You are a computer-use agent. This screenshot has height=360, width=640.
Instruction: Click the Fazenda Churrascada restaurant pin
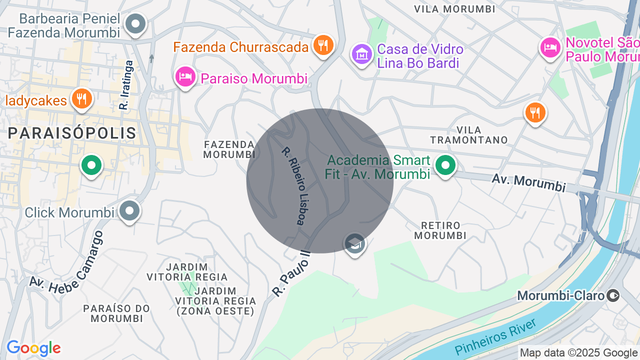click(323, 45)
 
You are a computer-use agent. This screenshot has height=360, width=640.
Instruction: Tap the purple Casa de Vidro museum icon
click(361, 53)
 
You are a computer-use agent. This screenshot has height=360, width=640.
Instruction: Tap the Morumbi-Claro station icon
click(613, 295)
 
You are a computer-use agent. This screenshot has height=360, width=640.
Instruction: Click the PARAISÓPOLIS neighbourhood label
click(72, 133)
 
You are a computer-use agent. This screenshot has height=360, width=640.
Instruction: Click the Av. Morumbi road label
click(528, 182)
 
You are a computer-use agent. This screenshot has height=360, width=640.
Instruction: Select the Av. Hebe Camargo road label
click(66, 266)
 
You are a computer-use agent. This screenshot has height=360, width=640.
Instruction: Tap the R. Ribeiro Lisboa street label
click(293, 186)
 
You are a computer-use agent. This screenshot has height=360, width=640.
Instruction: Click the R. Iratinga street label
click(125, 85)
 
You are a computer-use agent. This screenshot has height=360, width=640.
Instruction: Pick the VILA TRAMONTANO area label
click(468, 135)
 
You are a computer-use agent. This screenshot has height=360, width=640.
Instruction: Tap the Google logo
click(33, 348)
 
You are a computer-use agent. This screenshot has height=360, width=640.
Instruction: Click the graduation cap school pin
click(354, 244)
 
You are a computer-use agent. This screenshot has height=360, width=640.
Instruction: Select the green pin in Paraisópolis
click(91, 165)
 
